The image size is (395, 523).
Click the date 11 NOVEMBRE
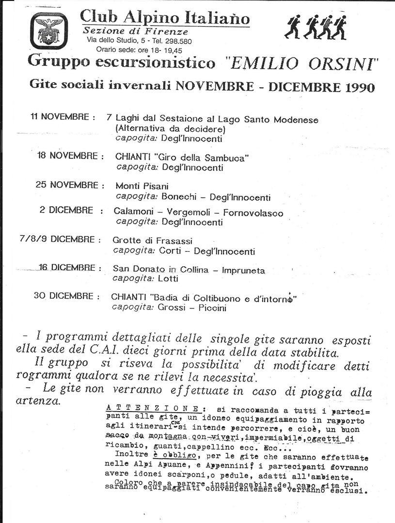(59, 117)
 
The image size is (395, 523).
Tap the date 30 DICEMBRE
(63, 296)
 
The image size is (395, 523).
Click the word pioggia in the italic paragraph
(320, 392)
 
